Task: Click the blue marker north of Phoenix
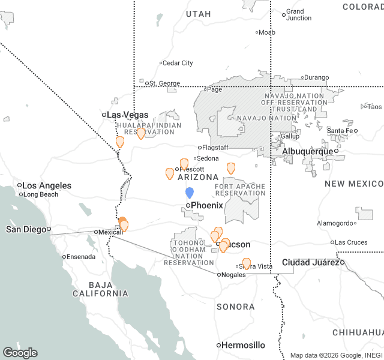click(190, 193)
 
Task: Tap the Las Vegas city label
click(127, 115)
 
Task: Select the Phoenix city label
click(206, 205)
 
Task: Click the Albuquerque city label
click(307, 151)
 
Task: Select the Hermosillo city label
click(242, 345)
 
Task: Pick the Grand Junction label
click(298, 14)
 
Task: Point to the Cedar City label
click(178, 63)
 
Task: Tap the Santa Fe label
click(340, 130)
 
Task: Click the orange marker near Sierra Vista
click(247, 263)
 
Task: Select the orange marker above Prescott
click(184, 163)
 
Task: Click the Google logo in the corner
click(20, 353)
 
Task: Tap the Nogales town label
click(233, 274)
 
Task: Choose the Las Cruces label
click(351, 242)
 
